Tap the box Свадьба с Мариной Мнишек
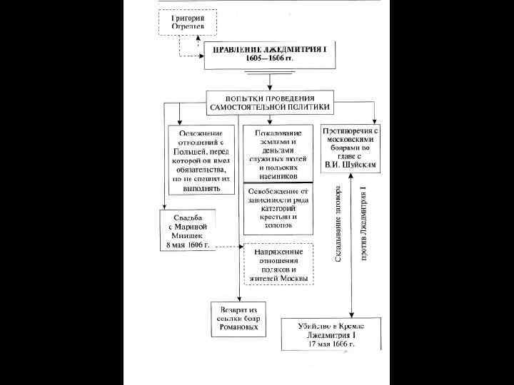click(187, 230)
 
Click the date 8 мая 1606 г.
click(187, 245)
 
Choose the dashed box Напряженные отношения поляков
click(278, 265)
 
